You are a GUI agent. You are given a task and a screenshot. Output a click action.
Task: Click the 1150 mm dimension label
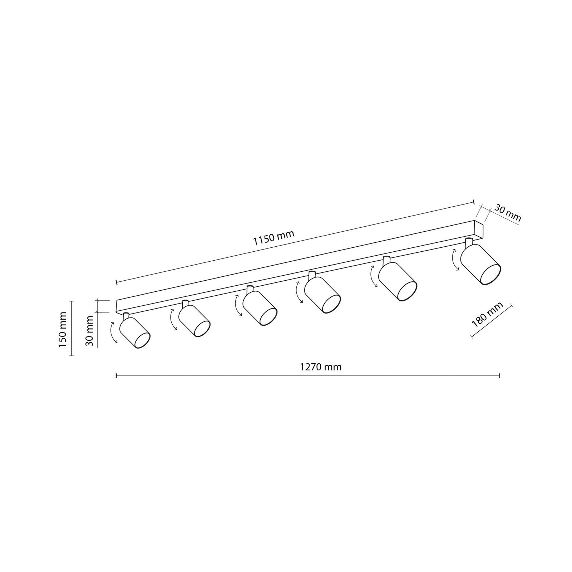pos(273,238)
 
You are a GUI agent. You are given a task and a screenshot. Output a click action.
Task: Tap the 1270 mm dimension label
pos(321,367)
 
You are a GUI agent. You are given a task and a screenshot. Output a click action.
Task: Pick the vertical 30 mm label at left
pos(89,331)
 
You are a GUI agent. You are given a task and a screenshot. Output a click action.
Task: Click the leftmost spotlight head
pos(135,332)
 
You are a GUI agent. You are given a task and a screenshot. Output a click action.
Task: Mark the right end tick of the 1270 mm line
pos(499,375)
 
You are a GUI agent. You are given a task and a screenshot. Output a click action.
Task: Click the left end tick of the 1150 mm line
pos(117,282)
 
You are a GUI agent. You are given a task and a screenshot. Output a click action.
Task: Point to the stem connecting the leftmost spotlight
pos(125,316)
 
